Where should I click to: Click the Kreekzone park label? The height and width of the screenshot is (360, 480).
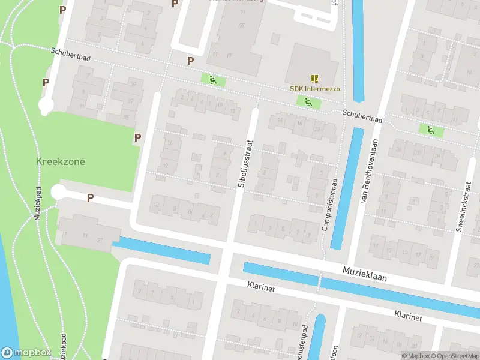[x=60, y=162]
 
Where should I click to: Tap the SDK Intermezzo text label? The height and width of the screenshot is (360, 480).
[x=315, y=89]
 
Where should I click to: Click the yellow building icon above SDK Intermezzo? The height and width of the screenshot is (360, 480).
[x=315, y=78]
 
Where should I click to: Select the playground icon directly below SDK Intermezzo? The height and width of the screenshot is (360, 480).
[x=308, y=102]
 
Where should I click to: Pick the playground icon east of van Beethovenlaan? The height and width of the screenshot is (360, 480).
[x=429, y=129]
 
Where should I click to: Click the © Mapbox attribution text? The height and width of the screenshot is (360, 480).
[x=415, y=356]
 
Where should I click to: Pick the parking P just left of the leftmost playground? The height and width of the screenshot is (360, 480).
[x=191, y=61]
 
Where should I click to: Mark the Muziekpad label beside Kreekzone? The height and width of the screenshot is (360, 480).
[x=37, y=203]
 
